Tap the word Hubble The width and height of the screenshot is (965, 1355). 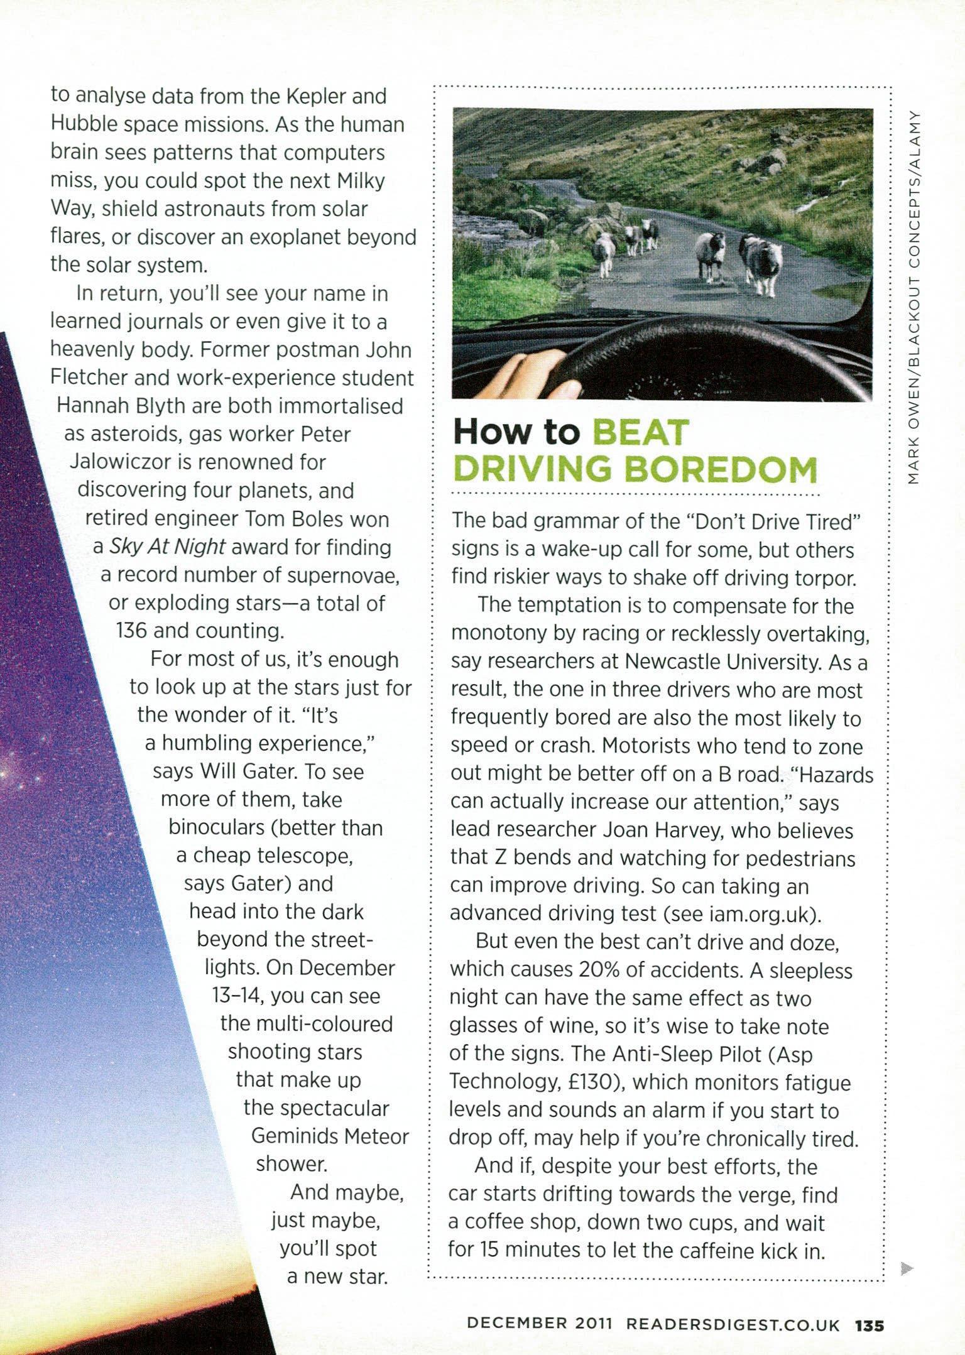pos(84,125)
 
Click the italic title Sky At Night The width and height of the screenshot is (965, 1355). pos(167,547)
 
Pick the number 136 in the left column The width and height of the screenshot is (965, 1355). pos(131,630)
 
